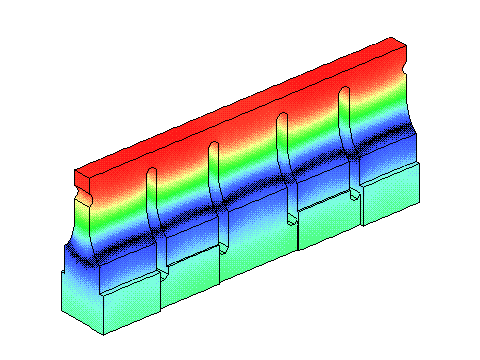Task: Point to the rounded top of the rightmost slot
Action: (x=345, y=92)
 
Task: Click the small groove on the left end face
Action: (x=84, y=200)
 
